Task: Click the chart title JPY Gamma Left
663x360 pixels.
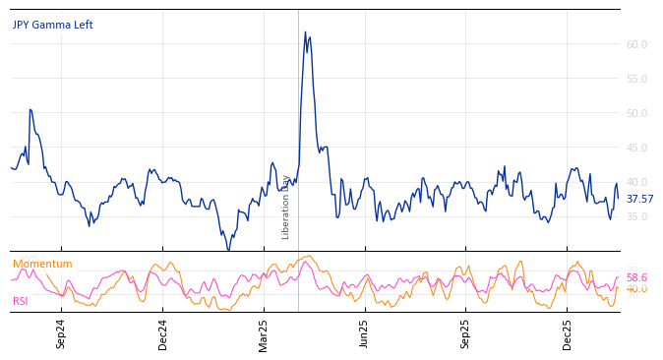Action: [x=52, y=26]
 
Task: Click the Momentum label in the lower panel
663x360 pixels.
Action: [x=42, y=265]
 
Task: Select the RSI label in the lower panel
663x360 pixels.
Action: [x=22, y=302]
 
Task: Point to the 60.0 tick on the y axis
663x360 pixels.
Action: [x=636, y=44]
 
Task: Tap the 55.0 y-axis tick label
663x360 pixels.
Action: [x=636, y=79]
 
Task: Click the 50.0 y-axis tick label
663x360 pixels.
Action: [x=636, y=113]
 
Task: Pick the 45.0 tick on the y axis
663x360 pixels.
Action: [x=636, y=148]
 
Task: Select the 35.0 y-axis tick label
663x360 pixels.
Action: [x=636, y=216]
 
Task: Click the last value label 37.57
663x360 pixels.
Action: [x=639, y=200]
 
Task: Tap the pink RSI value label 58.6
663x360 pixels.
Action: [x=636, y=278]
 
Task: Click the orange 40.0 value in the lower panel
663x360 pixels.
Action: [x=636, y=289]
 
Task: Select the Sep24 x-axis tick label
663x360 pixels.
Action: [x=61, y=333]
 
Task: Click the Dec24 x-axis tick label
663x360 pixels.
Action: [x=163, y=333]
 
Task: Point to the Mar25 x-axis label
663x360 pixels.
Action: [x=264, y=333]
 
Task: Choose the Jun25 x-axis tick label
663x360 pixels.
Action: [x=365, y=333]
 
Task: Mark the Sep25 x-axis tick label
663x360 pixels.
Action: [x=466, y=333]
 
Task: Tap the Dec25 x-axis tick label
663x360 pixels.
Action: [x=568, y=333]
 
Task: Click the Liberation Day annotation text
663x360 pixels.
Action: [x=286, y=207]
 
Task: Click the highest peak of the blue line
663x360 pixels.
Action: [x=305, y=32]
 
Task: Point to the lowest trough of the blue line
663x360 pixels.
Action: [x=228, y=250]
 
